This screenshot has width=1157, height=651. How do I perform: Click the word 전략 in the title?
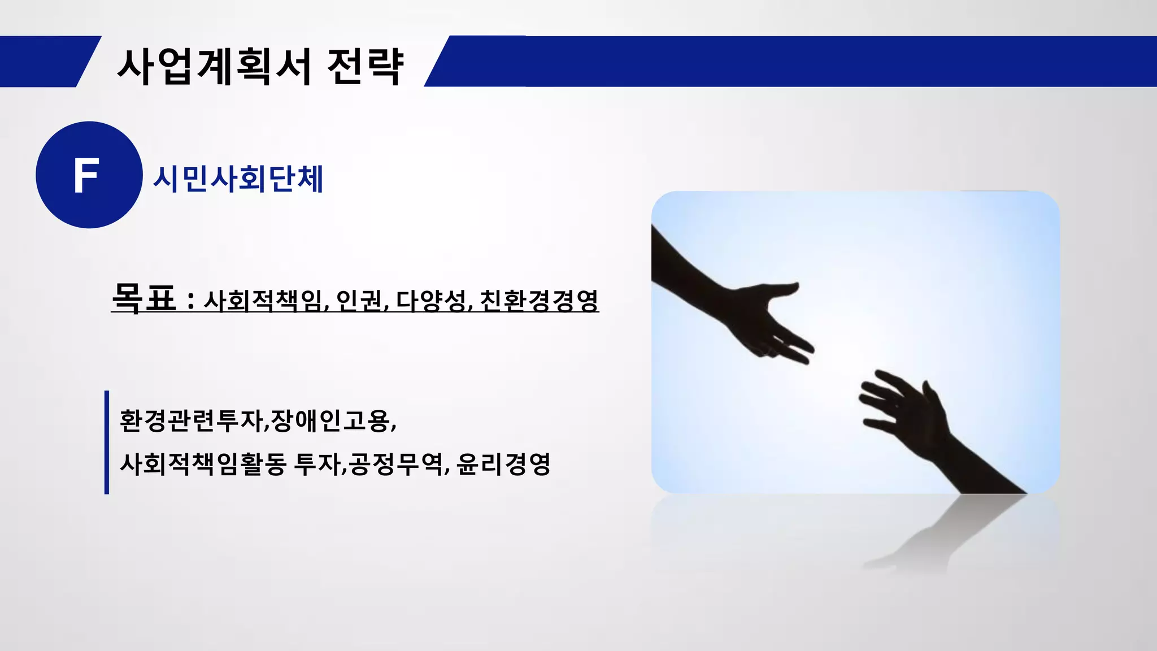(x=366, y=67)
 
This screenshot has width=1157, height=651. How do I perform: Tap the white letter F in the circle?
(x=86, y=176)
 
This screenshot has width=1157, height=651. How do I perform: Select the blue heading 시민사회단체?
(x=238, y=179)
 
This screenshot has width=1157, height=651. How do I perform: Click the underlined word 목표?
(x=144, y=297)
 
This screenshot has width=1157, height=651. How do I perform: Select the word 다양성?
(x=432, y=300)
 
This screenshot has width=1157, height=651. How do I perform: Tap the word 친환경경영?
(x=539, y=300)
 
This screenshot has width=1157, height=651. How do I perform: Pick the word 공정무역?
(x=395, y=465)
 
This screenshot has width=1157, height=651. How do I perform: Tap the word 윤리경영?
(x=503, y=465)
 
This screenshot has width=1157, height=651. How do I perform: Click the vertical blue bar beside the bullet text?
(x=107, y=442)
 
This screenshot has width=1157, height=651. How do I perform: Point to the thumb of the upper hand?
(x=780, y=288)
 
